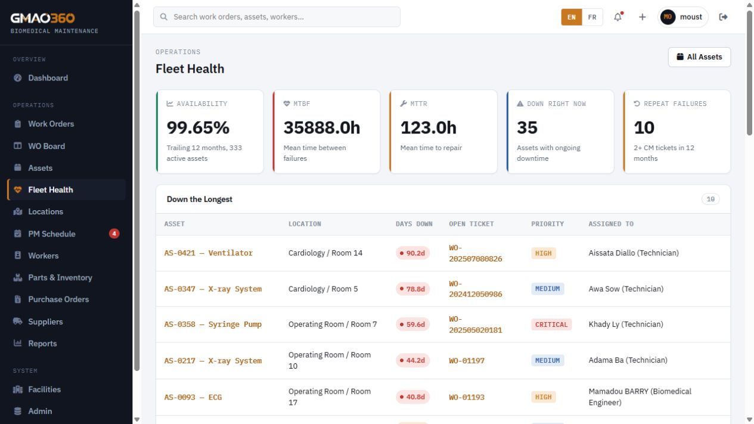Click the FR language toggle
point(592,17)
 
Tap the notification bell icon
point(618,17)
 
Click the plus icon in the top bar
point(643,17)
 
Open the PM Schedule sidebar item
point(51,233)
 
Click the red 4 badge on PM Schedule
point(114,233)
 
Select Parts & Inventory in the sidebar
point(60,278)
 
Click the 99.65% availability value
point(198,128)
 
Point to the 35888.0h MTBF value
point(321,128)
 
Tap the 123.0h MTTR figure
point(428,128)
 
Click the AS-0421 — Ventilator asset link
point(209,253)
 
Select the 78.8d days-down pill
point(412,289)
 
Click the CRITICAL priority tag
point(551,325)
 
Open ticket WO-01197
point(467,361)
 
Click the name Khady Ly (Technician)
point(626,324)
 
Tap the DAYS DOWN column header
point(414,224)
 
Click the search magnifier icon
point(163,17)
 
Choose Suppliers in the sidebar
point(45,322)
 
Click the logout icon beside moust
point(723,17)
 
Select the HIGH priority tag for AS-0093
point(543,397)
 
